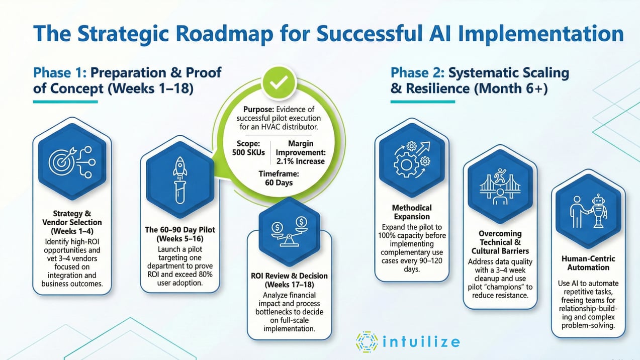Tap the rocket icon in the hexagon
click(179, 179)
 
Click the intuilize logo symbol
click(367, 341)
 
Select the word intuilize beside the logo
click(421, 342)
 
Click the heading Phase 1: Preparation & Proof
click(127, 72)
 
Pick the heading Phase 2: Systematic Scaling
click(480, 73)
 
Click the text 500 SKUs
click(248, 152)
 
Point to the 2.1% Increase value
click(300, 161)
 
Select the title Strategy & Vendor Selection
click(72, 218)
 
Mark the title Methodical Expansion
click(412, 212)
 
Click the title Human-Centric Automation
click(588, 263)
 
